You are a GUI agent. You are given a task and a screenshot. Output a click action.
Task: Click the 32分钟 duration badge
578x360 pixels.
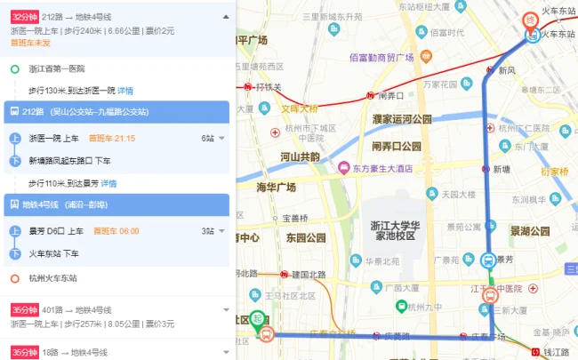pyautogui.click(x=24, y=16)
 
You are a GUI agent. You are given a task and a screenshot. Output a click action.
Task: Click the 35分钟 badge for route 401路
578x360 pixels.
pyautogui.click(x=24, y=309)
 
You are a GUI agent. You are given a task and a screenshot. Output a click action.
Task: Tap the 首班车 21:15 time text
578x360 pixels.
pyautogui.click(x=112, y=139)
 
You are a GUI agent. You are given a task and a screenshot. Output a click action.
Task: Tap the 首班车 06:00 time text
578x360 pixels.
pyautogui.click(x=112, y=231)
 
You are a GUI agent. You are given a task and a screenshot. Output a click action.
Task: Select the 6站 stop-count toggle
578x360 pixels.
pyautogui.click(x=213, y=139)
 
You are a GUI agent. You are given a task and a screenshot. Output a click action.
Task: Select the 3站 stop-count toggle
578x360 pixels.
pyautogui.click(x=213, y=231)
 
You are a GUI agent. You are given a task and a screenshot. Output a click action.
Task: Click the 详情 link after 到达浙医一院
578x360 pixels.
pyautogui.click(x=125, y=91)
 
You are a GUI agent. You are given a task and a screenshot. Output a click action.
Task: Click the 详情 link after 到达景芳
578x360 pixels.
pyautogui.click(x=108, y=183)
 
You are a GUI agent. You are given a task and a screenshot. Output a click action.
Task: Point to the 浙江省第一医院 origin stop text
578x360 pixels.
pyautogui.click(x=56, y=68)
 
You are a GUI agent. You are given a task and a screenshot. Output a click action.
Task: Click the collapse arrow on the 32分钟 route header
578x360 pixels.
pyautogui.click(x=225, y=16)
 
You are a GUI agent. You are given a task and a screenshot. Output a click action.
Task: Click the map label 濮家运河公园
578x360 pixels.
pyautogui.click(x=401, y=119)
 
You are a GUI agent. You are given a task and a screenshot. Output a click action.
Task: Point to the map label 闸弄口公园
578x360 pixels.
pyautogui.click(x=397, y=146)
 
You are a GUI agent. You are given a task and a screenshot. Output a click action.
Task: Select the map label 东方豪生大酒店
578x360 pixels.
pyautogui.click(x=386, y=167)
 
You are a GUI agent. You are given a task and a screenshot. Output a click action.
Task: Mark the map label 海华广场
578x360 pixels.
pyautogui.click(x=276, y=188)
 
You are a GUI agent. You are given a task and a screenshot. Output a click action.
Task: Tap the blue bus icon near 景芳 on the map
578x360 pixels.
pyautogui.click(x=488, y=260)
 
